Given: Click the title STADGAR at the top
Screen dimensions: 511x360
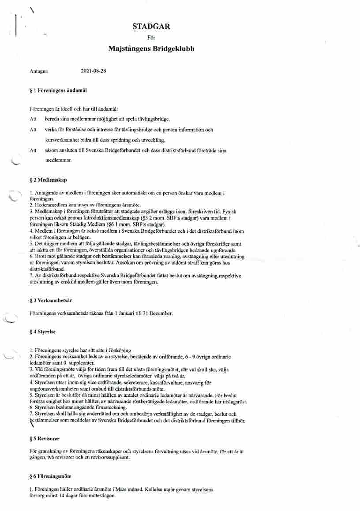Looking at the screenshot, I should (151, 27).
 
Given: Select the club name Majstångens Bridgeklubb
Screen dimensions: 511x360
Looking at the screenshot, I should (151, 49).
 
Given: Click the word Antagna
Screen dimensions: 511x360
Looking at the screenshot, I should (39, 71).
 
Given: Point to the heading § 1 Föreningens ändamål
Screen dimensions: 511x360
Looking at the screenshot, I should (58, 90).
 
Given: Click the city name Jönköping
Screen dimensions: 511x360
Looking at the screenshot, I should (119, 350).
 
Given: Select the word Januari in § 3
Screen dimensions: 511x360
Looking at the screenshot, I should (117, 313).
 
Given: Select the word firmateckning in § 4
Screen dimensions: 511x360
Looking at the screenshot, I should (100, 408).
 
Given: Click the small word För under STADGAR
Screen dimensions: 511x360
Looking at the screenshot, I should (151, 38).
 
